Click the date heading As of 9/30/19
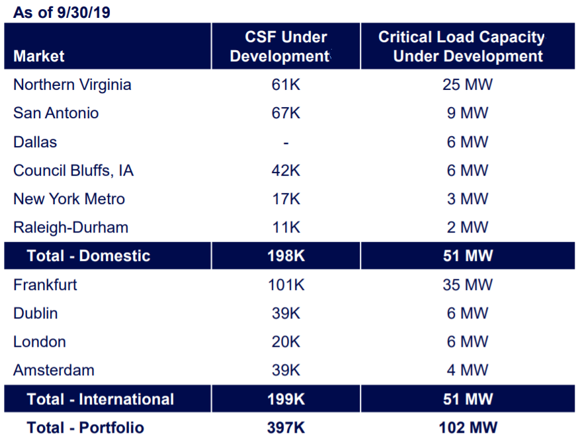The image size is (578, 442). click(x=62, y=13)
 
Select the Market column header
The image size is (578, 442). click(x=39, y=56)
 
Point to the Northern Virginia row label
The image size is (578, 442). click(x=72, y=85)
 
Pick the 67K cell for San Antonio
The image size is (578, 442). click(x=286, y=113)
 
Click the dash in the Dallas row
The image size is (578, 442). click(x=286, y=143)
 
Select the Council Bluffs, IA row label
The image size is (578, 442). click(x=73, y=170)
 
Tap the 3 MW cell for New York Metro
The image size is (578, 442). click(x=468, y=199)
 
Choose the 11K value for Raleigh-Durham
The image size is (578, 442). click(x=286, y=227)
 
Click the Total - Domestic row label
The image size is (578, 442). click(x=89, y=256)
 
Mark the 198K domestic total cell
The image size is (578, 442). click(x=286, y=256)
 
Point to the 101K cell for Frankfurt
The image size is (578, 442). click(x=286, y=285)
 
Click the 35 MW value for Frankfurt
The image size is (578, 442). click(x=468, y=285)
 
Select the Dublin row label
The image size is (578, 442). click(x=36, y=313)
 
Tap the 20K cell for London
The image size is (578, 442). click(x=286, y=342)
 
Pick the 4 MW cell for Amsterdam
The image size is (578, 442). click(x=468, y=370)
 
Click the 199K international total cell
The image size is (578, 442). click(x=286, y=399)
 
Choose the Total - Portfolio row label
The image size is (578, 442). click(x=85, y=428)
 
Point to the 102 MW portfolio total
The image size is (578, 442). click(x=468, y=428)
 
